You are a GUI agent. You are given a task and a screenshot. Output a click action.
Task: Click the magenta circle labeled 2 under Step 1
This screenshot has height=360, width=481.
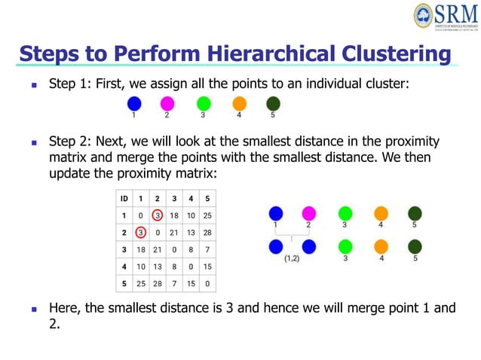[x=167, y=103]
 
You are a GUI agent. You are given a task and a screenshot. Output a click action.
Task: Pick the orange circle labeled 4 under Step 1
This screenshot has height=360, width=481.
[x=239, y=103]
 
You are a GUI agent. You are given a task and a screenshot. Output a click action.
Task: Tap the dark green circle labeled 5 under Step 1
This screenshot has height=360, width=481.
[x=273, y=103]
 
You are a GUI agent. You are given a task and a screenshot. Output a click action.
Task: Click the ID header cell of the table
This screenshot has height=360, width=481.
[x=121, y=198]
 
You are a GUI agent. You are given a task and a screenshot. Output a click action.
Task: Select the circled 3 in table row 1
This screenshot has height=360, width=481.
[x=157, y=215]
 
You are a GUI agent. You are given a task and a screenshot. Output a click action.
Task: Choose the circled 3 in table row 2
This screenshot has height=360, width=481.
[x=140, y=232]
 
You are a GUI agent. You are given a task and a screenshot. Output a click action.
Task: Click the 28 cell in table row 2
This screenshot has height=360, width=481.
[x=207, y=232]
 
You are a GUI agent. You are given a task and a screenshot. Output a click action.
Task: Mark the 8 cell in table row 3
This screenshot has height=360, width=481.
[x=191, y=249]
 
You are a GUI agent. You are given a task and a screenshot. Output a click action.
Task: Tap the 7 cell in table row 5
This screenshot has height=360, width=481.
[x=173, y=284]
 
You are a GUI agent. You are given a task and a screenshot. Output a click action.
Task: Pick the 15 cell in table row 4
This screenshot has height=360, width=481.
[x=207, y=267]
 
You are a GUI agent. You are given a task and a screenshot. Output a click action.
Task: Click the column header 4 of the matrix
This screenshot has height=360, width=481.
[x=191, y=198]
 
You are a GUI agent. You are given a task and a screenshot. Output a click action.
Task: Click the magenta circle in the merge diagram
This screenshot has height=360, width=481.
[x=308, y=214]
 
